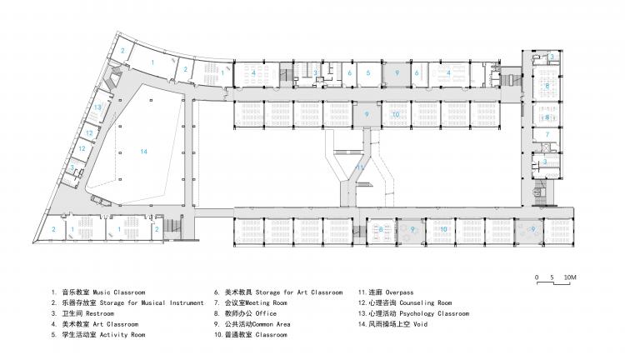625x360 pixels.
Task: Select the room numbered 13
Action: pyautogui.click(x=98, y=107)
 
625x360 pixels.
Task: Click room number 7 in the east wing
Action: pyautogui.click(x=547, y=133)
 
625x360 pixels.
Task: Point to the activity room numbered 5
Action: pyautogui.click(x=367, y=73)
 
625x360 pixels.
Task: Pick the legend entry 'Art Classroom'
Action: pyautogui.click(x=102, y=324)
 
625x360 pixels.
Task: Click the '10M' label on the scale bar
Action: pyautogui.click(x=569, y=276)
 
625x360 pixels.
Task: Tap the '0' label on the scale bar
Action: pyautogui.click(x=538, y=276)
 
